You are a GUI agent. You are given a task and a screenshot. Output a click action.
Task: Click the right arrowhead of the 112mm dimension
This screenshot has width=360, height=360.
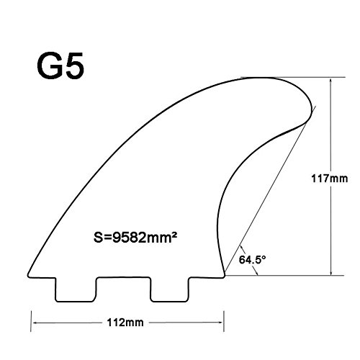tap(222, 319)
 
